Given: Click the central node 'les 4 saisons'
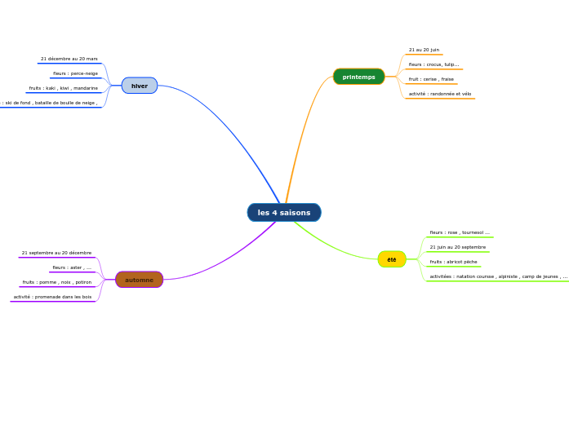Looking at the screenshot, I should pos(284,213).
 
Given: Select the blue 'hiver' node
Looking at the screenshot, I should pos(140,86).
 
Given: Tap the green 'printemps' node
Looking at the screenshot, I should pos(358,77).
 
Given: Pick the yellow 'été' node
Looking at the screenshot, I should pos(392,259).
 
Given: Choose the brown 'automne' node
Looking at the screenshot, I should pos(139,280).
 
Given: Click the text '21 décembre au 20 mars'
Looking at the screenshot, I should pos(69,59).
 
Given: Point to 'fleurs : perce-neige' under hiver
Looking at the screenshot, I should pos(75,73).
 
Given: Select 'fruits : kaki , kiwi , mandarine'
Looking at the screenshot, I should pos(64,88).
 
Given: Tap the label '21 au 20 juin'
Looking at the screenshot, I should pos(424,50).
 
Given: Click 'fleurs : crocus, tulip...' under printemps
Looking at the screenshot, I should pos(433,64).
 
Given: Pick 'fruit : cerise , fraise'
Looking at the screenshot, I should pos(431,79).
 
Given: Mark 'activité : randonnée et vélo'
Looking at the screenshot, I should pos(440,94).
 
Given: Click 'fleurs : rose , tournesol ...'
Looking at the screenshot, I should pos(460,232).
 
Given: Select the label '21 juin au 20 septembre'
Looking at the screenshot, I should pos(457,247).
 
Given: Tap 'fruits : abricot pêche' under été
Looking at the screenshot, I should pos(453,262).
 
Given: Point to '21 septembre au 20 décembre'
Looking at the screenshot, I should pos(56,253).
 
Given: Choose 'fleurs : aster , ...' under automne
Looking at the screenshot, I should pos(72,267).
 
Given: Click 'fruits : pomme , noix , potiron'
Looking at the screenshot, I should pos(57,282).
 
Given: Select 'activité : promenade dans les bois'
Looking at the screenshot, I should pos(52,297).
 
